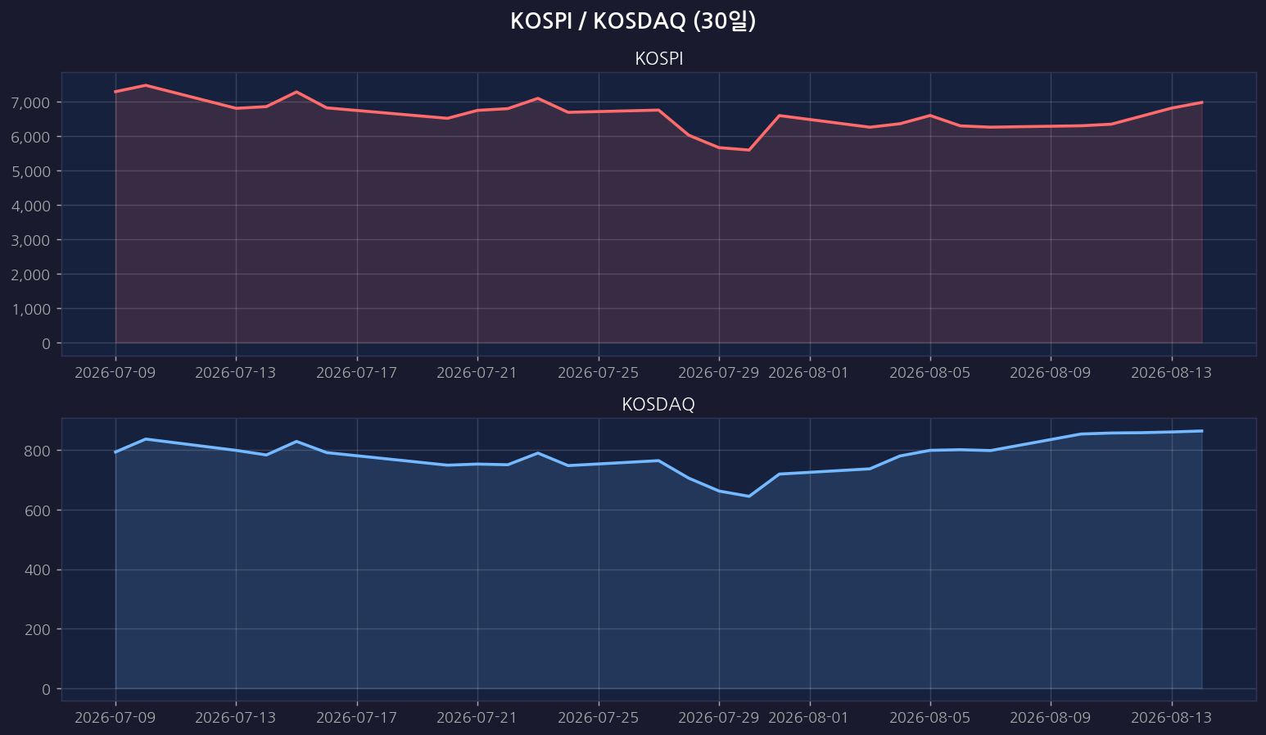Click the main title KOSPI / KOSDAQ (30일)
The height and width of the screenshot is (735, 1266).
(633, 21)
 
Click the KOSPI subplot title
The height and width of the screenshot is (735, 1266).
(659, 59)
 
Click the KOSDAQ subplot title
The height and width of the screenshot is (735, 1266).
(658, 405)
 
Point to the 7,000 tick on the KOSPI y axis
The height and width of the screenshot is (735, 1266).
(30, 103)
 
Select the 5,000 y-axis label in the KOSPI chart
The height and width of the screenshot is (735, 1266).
(30, 171)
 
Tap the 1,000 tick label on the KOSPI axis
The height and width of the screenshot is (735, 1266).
(30, 309)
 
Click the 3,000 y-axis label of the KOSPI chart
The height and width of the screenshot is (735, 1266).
(30, 240)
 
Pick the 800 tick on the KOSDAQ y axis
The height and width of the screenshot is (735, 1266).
(38, 451)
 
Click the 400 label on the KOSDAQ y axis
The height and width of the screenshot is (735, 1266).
(38, 570)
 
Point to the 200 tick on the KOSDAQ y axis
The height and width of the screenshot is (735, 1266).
(38, 630)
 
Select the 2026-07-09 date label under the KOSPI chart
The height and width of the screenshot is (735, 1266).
(115, 373)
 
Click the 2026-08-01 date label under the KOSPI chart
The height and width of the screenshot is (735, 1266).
(809, 373)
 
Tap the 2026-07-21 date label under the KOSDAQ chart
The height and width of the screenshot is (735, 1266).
(477, 718)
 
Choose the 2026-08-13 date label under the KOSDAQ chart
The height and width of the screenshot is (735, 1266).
(1171, 718)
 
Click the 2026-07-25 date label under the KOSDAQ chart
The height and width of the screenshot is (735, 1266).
(598, 718)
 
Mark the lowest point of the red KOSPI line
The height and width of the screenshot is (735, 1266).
(748, 151)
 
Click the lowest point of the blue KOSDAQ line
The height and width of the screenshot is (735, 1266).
(748, 497)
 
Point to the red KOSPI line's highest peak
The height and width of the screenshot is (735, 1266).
(146, 85)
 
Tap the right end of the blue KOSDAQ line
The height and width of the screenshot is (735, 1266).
(1201, 431)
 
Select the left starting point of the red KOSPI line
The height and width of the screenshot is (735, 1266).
(115, 92)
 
